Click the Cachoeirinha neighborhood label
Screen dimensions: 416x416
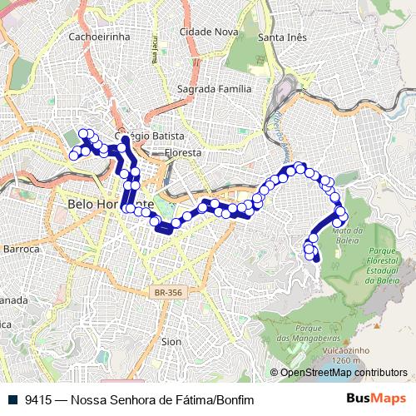(x=100, y=37)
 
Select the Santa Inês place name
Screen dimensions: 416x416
(x=283, y=37)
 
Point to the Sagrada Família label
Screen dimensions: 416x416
(x=215, y=89)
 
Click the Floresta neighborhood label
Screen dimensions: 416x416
(x=184, y=153)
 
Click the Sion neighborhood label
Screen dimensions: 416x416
(x=171, y=341)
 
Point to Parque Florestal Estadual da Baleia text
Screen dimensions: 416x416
(x=385, y=265)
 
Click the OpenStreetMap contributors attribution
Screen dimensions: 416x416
(x=343, y=373)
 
